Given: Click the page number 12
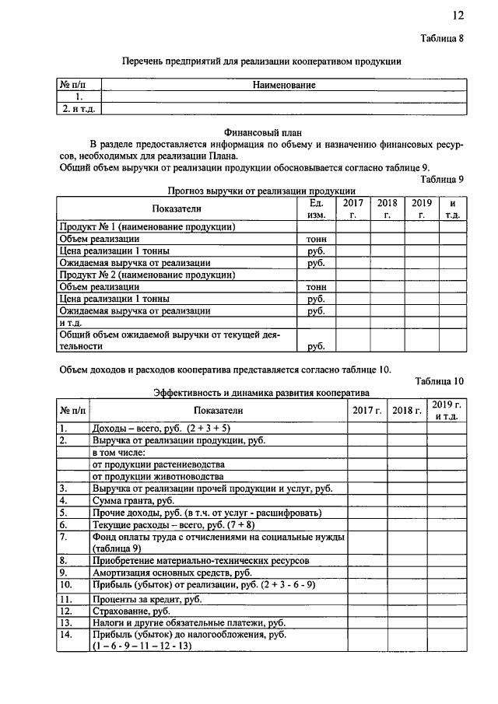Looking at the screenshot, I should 458,15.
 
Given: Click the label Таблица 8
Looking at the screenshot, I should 442,39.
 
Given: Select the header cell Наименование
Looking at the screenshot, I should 283,85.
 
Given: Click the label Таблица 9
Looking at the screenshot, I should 442,178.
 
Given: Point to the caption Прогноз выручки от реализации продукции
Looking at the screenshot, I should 262,190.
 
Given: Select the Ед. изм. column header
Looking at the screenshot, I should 316,208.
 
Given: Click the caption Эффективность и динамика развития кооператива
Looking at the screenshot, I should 261,394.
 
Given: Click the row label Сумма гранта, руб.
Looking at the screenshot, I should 133,501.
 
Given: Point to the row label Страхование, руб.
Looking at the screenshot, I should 131,611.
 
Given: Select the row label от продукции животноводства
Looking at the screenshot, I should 158,476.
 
